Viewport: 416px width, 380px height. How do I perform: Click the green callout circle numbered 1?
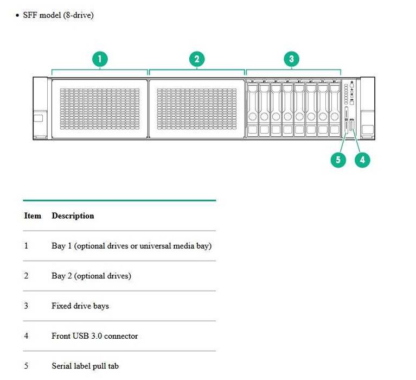[100, 59]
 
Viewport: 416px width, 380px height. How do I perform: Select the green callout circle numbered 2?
[196, 59]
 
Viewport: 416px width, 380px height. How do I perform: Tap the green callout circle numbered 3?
[291, 59]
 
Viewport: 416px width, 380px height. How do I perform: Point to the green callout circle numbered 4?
[362, 160]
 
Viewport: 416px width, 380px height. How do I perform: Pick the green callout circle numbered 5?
[338, 160]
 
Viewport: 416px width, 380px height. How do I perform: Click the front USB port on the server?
[352, 125]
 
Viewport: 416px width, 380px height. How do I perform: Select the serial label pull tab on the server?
[346, 120]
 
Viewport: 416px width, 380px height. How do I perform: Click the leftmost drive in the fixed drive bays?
[253, 110]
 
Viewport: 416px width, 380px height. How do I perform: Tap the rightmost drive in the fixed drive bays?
[335, 110]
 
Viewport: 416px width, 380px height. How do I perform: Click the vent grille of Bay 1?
[100, 109]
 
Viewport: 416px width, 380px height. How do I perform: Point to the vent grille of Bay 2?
[196, 109]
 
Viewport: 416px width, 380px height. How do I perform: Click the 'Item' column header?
[33, 216]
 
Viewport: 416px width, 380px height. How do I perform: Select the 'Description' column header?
[73, 216]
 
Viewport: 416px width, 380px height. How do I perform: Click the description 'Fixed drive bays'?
[80, 306]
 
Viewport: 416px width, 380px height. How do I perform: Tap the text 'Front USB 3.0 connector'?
[95, 336]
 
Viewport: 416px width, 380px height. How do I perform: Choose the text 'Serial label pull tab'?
[85, 366]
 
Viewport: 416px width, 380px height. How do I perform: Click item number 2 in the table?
[26, 276]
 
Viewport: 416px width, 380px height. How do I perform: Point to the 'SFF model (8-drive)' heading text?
[59, 15]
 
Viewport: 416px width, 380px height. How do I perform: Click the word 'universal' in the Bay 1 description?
[155, 246]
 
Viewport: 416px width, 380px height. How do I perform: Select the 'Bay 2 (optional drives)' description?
[91, 276]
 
